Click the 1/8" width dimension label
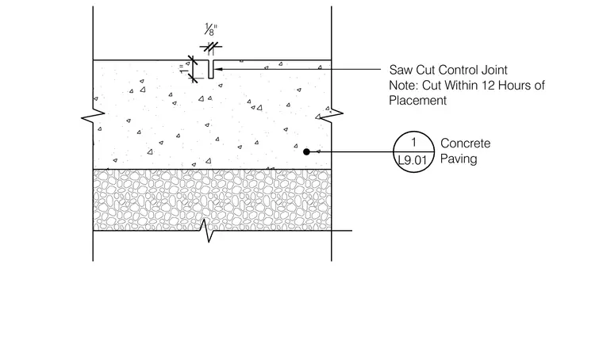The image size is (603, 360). click(x=211, y=29)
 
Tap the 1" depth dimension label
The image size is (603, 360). click(x=183, y=69)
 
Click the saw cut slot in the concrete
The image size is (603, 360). click(x=211, y=69)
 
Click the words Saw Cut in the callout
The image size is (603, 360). click(x=412, y=70)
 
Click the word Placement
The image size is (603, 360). click(x=417, y=100)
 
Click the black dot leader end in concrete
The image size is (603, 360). click(x=306, y=151)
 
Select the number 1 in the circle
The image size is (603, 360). click(x=414, y=142)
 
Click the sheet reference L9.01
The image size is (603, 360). click(x=413, y=160)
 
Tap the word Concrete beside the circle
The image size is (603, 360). click(x=465, y=144)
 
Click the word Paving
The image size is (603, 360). click(x=459, y=159)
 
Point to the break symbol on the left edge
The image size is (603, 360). click(x=93, y=113)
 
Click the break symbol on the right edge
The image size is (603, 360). click(x=332, y=114)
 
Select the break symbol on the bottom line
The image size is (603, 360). click(x=206, y=231)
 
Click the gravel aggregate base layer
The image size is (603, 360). click(x=212, y=200)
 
